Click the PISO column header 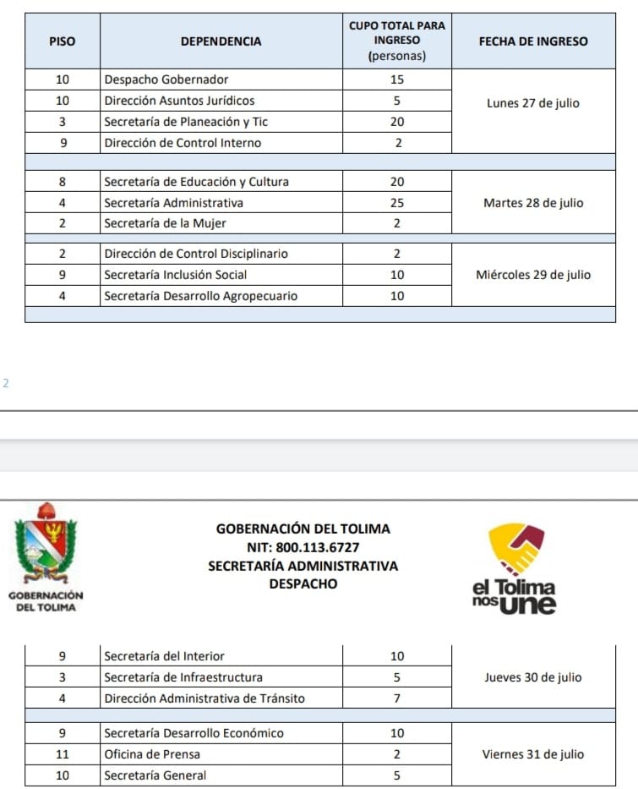63,41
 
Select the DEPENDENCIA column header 221,41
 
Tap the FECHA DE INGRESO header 533,41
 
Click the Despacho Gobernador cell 166,79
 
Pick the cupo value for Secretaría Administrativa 397,203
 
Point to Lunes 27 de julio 533,103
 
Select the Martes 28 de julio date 533,203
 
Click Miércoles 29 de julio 533,275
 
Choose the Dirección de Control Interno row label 183,143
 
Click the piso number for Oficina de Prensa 63,754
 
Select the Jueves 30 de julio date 533,677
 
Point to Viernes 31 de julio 533,754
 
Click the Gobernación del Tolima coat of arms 46,545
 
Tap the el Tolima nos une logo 515,569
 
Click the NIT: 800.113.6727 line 303,547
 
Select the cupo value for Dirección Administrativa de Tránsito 397,699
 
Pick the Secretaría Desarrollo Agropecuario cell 200,296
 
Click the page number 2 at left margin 6,383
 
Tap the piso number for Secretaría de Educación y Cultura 63,182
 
